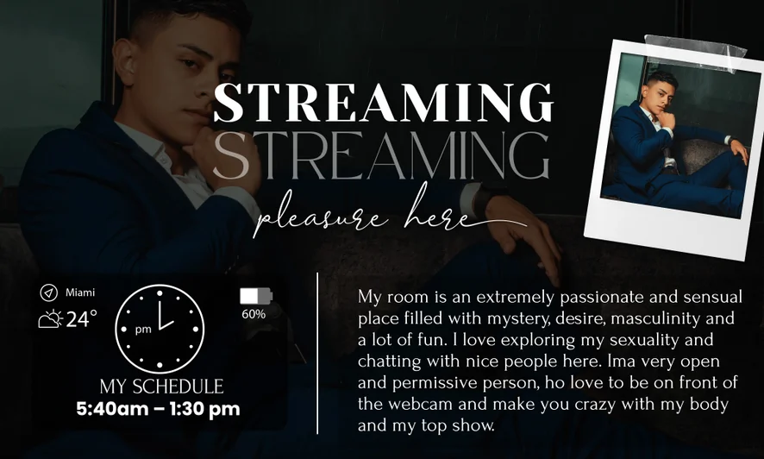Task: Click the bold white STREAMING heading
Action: click(x=384, y=103)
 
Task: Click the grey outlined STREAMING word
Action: click(x=381, y=155)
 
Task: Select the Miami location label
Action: click(x=80, y=292)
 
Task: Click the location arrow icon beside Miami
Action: click(x=49, y=292)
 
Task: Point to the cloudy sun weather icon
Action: click(x=51, y=319)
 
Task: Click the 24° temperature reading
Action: click(x=81, y=319)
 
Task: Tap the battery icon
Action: click(x=256, y=296)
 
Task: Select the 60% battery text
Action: click(x=254, y=314)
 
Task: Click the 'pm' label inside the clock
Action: click(x=143, y=330)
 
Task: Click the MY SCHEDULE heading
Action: click(x=161, y=387)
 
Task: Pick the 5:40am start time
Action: click(x=112, y=409)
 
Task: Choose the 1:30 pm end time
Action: click(x=204, y=409)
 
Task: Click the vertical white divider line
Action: click(x=317, y=353)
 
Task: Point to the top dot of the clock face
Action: click(x=160, y=293)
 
